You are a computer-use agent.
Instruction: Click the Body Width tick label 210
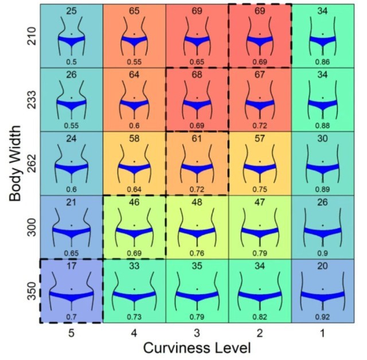pyautogui.click(x=32, y=36)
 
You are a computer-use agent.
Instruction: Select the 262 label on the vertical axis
pyautogui.click(x=32, y=163)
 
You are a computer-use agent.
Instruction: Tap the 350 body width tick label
pyautogui.click(x=32, y=291)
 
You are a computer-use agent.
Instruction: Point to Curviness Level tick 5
pyautogui.click(x=71, y=333)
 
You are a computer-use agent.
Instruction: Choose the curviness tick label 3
pyautogui.click(x=197, y=333)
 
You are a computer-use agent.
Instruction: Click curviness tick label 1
pyautogui.click(x=322, y=333)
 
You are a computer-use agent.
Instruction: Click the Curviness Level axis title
pyautogui.click(x=197, y=348)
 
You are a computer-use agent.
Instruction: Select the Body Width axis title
pyautogui.click(x=15, y=163)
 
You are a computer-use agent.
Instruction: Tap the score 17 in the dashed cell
pyautogui.click(x=71, y=266)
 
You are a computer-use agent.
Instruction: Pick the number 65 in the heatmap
pyautogui.click(x=134, y=11)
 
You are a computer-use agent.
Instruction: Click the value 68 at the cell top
pyautogui.click(x=197, y=75)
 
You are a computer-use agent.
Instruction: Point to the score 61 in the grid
pyautogui.click(x=197, y=139)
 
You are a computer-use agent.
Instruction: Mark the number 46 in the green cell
pyautogui.click(x=134, y=202)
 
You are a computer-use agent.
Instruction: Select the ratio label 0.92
pyautogui.click(x=322, y=317)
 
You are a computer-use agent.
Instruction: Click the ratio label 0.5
pyautogui.click(x=71, y=62)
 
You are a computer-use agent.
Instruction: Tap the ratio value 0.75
pyautogui.click(x=260, y=190)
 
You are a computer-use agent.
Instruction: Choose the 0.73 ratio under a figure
pyautogui.click(x=134, y=317)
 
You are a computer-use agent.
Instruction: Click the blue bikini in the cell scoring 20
pyautogui.click(x=322, y=296)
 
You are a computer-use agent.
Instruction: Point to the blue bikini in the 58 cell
pyautogui.click(x=134, y=169)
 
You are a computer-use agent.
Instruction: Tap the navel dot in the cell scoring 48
pyautogui.click(x=197, y=225)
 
